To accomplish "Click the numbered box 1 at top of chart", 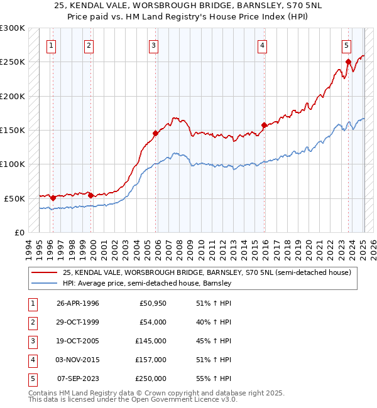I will click(x=51, y=45).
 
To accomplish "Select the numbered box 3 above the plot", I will click(x=153, y=45).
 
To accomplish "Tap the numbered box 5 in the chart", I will click(x=346, y=45).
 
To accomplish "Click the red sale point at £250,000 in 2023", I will click(x=348, y=62).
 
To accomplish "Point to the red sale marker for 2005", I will click(x=155, y=133).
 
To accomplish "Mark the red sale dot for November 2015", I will click(x=263, y=125).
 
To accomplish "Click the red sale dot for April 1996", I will click(x=53, y=198).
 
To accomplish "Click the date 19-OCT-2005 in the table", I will click(x=78, y=341).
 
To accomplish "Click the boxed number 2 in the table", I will click(x=31, y=322).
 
